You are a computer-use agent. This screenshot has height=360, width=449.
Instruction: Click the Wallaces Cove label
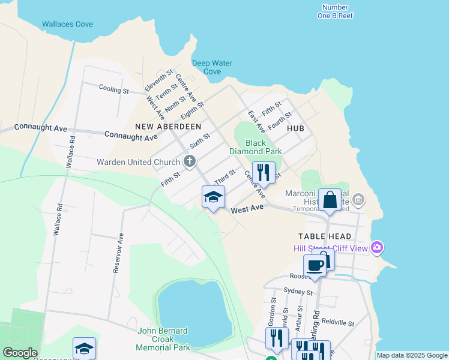(x=67, y=25)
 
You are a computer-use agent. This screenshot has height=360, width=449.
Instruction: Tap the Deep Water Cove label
(x=212, y=67)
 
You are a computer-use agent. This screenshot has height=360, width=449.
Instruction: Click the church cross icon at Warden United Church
(x=189, y=161)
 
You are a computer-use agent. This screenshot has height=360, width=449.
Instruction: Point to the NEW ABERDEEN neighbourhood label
(x=168, y=127)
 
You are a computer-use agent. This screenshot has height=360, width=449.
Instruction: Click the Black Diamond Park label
(x=256, y=147)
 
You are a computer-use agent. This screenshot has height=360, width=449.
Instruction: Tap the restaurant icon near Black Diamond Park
(x=264, y=173)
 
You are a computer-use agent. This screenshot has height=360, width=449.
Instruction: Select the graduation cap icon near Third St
(x=213, y=197)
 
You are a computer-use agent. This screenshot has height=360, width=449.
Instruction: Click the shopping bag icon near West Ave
(x=330, y=200)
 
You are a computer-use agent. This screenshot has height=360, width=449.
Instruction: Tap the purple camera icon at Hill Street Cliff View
(x=377, y=247)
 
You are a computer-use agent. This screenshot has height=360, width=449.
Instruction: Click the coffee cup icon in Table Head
(x=315, y=265)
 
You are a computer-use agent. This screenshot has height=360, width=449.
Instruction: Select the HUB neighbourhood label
(x=295, y=129)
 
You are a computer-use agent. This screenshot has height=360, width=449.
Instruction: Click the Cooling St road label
(x=114, y=89)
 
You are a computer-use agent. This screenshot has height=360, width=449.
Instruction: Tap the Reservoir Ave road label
(x=118, y=253)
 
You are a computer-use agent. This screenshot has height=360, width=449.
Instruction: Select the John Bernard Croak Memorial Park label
(x=163, y=339)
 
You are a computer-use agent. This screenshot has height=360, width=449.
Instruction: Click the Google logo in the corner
(x=20, y=353)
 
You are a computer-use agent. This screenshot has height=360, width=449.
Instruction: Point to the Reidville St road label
(x=337, y=323)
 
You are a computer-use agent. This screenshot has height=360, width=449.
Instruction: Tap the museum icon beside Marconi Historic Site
(x=358, y=199)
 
